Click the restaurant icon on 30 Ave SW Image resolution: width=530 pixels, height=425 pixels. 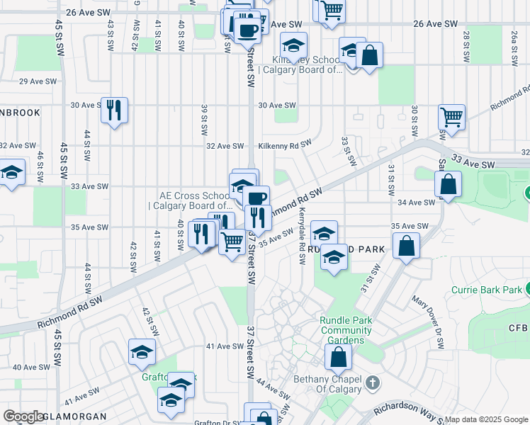114,110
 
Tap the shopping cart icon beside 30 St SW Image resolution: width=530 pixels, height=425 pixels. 451,117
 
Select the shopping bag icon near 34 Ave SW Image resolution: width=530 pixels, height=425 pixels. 449,186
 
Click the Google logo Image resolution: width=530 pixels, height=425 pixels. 23,416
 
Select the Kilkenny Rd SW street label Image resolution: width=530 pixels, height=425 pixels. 285,144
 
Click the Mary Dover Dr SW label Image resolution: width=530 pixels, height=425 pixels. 429,322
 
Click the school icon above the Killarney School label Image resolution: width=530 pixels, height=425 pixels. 293,45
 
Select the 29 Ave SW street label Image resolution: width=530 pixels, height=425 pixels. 38,81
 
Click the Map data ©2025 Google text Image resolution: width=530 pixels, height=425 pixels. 486,419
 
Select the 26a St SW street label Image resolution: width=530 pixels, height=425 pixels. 514,45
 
